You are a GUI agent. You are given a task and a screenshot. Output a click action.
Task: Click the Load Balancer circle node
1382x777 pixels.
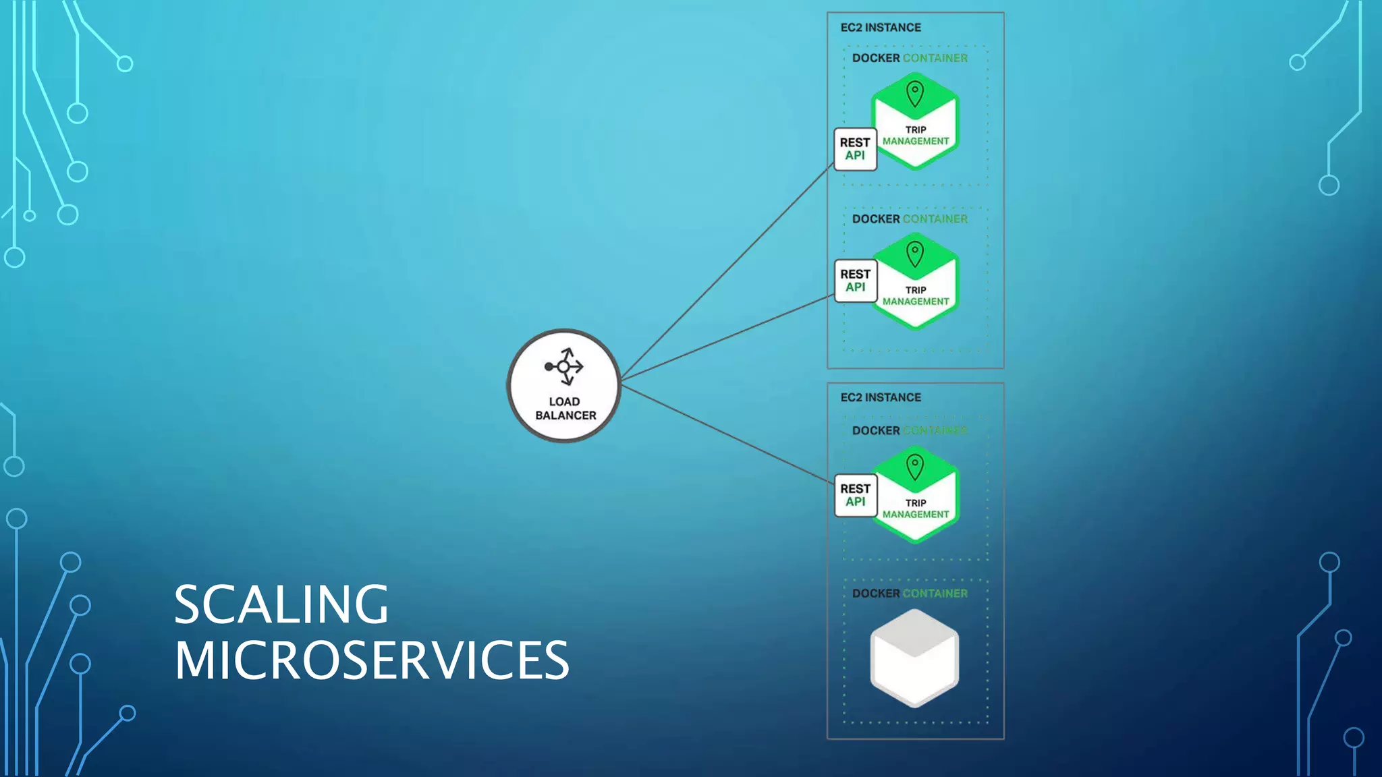563,386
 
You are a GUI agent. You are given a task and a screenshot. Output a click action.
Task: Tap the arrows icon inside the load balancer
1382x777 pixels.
564,366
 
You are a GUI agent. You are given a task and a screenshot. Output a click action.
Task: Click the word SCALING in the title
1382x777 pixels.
281,604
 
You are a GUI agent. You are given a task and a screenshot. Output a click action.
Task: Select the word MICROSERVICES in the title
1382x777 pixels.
372,660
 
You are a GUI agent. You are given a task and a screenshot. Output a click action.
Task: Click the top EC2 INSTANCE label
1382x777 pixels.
880,28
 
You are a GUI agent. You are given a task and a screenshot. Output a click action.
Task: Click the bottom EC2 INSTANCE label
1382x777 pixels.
880,397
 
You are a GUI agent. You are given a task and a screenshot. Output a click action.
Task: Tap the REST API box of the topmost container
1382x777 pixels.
855,149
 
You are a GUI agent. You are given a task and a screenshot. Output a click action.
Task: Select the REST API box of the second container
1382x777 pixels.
855,281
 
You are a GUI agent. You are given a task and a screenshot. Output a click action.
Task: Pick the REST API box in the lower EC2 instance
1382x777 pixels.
855,495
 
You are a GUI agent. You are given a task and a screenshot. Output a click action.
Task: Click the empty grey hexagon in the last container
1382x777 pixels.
914,658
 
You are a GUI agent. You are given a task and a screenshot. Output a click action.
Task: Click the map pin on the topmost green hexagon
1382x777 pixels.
914,94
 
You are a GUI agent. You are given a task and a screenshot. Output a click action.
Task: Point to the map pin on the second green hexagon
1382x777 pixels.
914,254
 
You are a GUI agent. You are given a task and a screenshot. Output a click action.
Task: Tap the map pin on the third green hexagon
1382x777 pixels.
914,467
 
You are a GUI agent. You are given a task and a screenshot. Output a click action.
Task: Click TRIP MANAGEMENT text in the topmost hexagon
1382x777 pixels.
916,136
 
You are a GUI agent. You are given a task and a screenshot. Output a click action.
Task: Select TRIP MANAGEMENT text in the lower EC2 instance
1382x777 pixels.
916,509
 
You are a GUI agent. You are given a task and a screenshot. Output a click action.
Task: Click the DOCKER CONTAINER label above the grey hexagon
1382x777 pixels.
909,594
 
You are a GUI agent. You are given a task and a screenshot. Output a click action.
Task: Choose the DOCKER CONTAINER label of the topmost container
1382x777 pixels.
909,58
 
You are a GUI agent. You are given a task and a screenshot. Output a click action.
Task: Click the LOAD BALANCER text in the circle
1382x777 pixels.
565,409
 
